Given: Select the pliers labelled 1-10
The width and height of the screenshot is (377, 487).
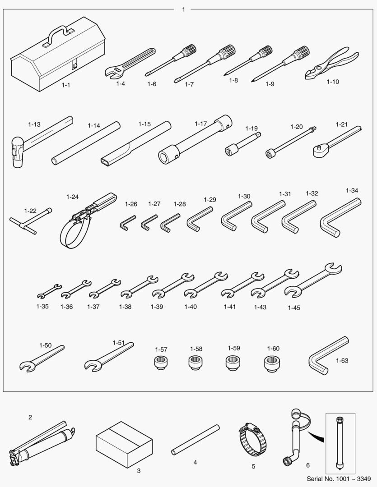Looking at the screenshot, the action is tap(331, 64).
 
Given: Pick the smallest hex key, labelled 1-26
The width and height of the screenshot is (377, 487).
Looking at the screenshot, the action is tap(126, 223).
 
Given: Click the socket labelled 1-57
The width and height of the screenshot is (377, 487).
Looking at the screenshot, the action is tap(161, 362).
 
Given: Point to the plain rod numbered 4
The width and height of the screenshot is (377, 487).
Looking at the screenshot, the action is tap(195, 440).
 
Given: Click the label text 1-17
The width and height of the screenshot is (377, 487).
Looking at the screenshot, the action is tap(200, 124).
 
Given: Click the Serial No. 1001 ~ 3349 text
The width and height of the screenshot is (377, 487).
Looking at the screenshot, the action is tap(339, 478).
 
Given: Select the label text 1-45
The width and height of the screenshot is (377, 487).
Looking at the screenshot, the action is tap(294, 308).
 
